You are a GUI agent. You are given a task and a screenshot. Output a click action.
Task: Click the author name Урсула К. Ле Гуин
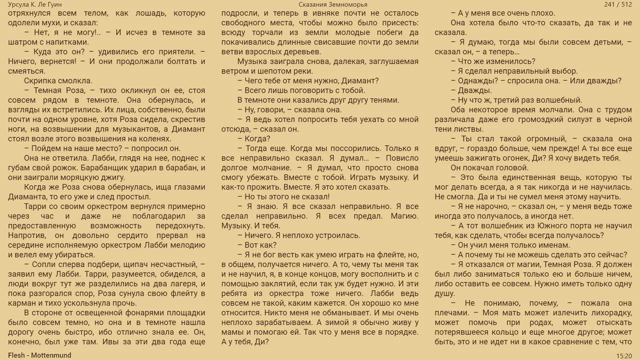35,4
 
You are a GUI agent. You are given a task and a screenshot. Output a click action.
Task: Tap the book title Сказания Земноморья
332,4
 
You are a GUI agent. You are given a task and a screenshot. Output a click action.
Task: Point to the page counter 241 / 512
618,4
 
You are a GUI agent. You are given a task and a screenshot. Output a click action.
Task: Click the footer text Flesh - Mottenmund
39,355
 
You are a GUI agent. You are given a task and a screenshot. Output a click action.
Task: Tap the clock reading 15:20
623,355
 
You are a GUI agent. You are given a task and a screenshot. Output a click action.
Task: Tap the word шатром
23,42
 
